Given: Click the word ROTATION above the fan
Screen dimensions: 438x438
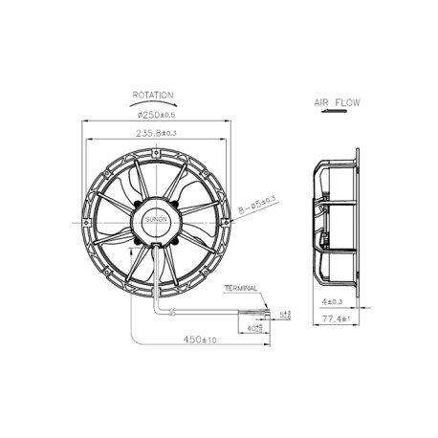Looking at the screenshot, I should [x=154, y=96].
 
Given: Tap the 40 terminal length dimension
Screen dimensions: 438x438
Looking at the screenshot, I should [x=254, y=328].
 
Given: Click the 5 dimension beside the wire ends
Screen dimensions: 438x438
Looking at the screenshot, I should [x=284, y=313].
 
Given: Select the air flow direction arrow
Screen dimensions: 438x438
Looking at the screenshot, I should [x=335, y=112].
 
